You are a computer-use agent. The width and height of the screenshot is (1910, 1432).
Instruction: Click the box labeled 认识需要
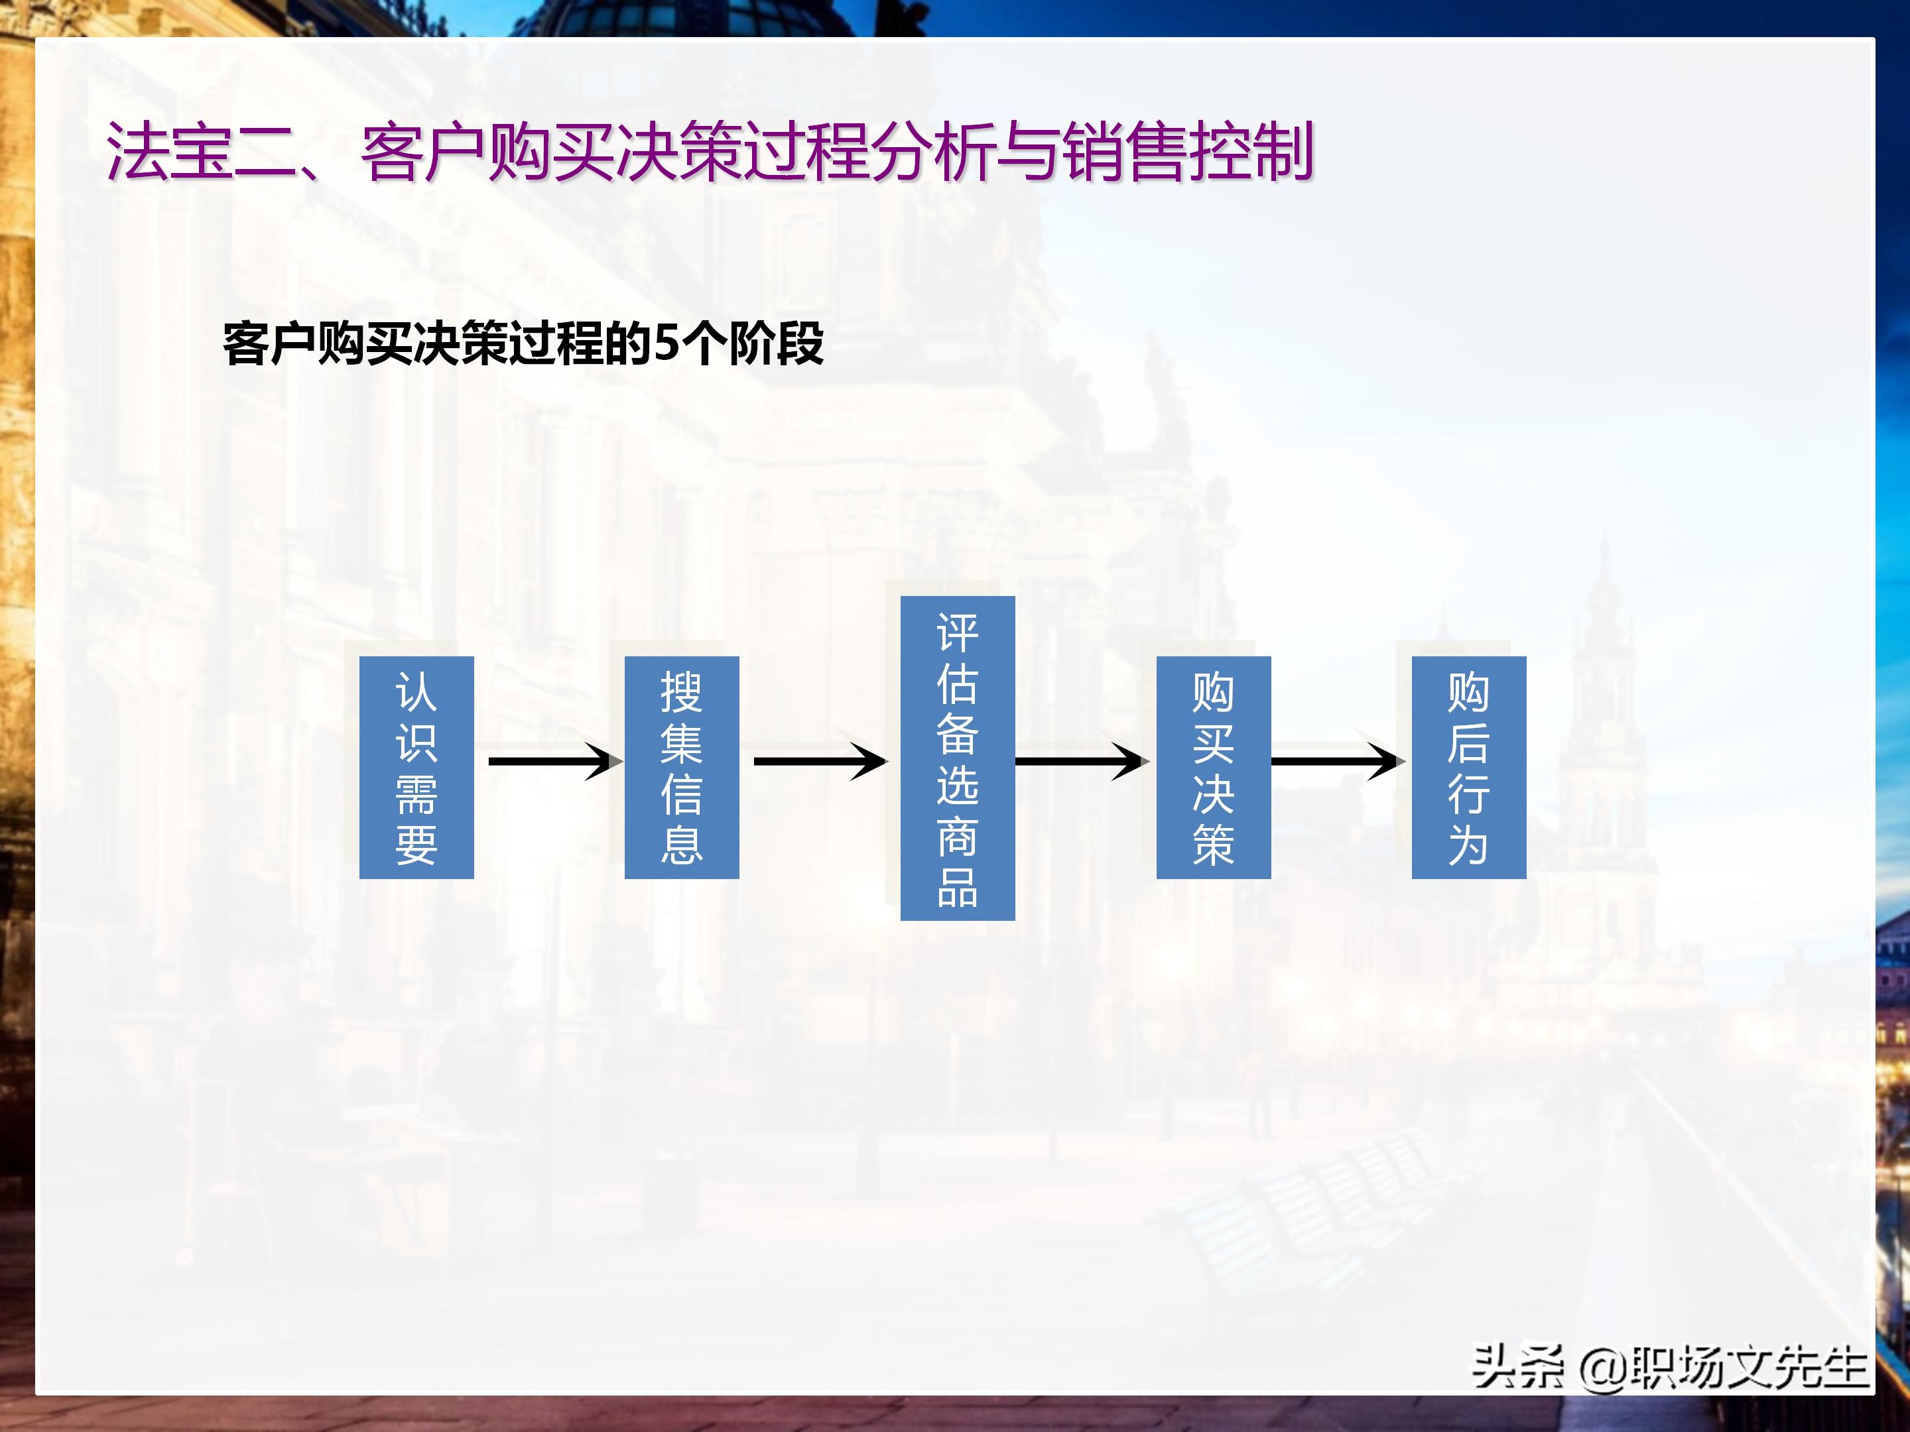416,767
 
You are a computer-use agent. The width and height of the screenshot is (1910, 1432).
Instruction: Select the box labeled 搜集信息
681,767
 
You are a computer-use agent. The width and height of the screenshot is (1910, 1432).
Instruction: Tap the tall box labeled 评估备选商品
957,758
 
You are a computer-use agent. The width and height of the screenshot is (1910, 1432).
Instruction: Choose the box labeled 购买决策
1213,767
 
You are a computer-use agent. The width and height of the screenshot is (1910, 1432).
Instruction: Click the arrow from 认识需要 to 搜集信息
552,761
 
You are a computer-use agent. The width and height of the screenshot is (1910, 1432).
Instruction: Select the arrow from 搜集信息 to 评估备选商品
818,761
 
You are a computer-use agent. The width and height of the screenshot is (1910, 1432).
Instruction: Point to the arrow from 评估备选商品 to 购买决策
1081,761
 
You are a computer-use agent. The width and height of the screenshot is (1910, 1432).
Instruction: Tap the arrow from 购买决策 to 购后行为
1336,761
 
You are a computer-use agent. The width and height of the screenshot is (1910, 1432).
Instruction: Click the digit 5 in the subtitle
667,343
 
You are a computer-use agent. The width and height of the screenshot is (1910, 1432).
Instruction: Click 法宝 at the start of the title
169,152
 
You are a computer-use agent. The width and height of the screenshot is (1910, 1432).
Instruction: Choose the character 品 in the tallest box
957,886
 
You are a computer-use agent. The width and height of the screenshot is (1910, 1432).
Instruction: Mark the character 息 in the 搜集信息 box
681,843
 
